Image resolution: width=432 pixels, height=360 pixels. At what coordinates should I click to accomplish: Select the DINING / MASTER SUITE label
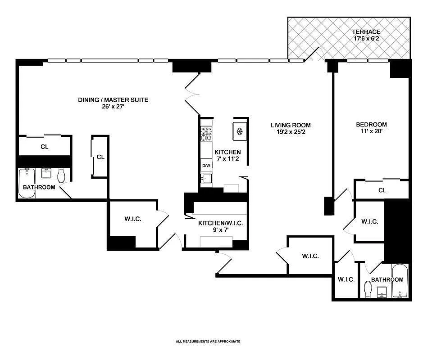click(x=113, y=100)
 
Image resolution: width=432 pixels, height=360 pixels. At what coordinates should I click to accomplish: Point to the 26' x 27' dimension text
click(x=113, y=107)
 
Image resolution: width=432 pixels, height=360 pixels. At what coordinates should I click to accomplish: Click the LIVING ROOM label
click(x=291, y=126)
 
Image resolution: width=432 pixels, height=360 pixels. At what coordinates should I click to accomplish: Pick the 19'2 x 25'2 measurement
click(x=291, y=132)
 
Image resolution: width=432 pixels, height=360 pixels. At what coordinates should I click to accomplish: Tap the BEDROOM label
click(x=371, y=125)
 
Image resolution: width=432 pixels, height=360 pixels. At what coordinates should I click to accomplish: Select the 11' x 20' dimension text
click(x=371, y=132)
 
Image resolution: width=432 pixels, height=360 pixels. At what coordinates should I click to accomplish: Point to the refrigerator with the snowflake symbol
click(x=240, y=131)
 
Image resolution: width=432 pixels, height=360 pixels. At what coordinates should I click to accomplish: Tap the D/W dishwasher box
click(x=206, y=166)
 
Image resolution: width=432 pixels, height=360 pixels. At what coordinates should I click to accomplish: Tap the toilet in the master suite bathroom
click(x=61, y=175)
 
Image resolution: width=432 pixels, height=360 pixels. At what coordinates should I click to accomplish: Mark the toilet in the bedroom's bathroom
click(x=368, y=288)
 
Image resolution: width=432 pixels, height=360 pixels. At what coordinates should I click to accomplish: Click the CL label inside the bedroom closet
click(x=382, y=190)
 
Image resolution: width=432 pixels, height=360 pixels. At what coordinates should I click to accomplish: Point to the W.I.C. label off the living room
click(x=310, y=256)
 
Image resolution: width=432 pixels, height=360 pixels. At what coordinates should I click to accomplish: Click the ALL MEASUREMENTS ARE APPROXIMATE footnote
click(x=208, y=342)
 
